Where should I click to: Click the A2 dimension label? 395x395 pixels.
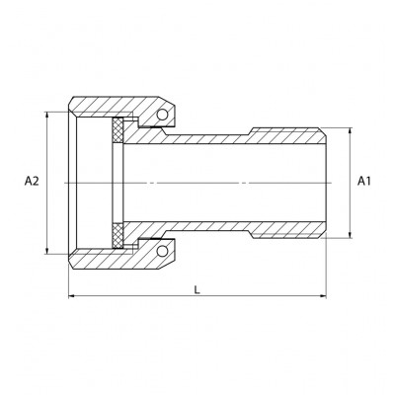[x=31, y=182]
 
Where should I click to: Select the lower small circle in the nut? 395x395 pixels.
[x=159, y=248]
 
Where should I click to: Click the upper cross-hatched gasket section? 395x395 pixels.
[x=120, y=128]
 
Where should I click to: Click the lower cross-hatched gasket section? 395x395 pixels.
[x=120, y=237]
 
